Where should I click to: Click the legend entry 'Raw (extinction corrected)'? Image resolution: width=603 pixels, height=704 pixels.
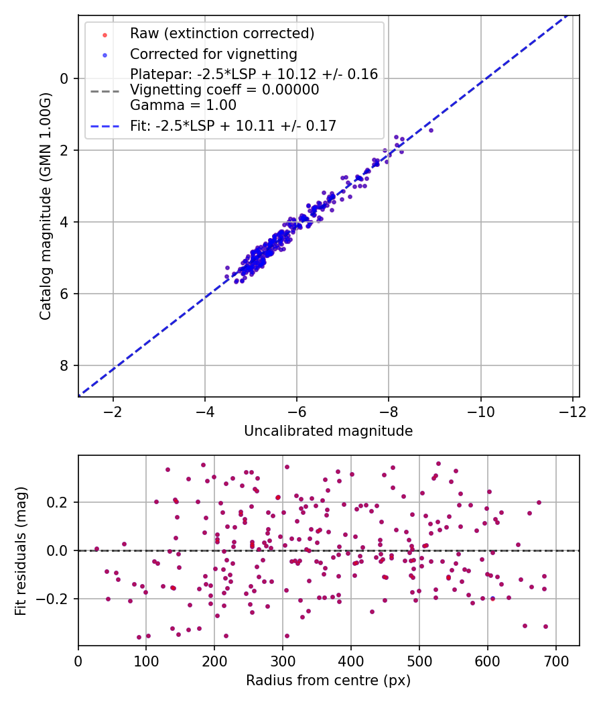click(222, 34)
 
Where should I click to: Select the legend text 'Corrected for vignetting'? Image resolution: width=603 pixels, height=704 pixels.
click(214, 54)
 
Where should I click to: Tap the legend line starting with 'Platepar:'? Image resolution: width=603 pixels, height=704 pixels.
click(254, 74)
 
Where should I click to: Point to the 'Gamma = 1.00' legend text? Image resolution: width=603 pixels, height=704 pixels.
click(183, 105)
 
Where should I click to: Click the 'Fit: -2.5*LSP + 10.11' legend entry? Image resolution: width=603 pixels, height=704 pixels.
click(233, 126)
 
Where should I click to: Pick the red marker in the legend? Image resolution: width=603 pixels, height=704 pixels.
click(105, 35)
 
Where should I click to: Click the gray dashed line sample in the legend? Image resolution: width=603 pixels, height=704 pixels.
click(105, 92)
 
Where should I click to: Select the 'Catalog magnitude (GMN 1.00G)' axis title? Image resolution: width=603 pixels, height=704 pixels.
click(45, 207)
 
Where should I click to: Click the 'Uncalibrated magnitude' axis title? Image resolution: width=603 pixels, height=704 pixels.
click(328, 430)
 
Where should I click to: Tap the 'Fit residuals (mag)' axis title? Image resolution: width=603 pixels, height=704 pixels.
click(20, 551)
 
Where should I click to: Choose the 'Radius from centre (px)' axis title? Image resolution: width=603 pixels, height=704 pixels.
click(328, 681)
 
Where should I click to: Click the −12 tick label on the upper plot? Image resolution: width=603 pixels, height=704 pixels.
click(572, 412)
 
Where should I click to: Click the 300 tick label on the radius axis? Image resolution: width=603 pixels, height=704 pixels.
click(283, 661)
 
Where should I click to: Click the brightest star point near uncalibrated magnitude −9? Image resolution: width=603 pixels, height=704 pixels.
click(431, 130)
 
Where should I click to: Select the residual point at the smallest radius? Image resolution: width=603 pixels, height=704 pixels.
click(96, 548)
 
